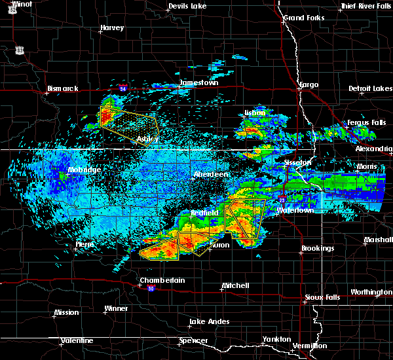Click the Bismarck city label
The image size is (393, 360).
[63, 88]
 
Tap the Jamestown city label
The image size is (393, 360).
[199, 83]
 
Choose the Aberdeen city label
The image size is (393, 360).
[211, 175]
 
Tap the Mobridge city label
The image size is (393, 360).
[84, 170]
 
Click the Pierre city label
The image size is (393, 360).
[84, 244]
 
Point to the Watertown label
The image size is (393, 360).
[295, 211]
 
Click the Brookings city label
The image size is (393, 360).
[318, 249]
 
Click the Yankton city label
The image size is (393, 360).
[278, 339]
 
